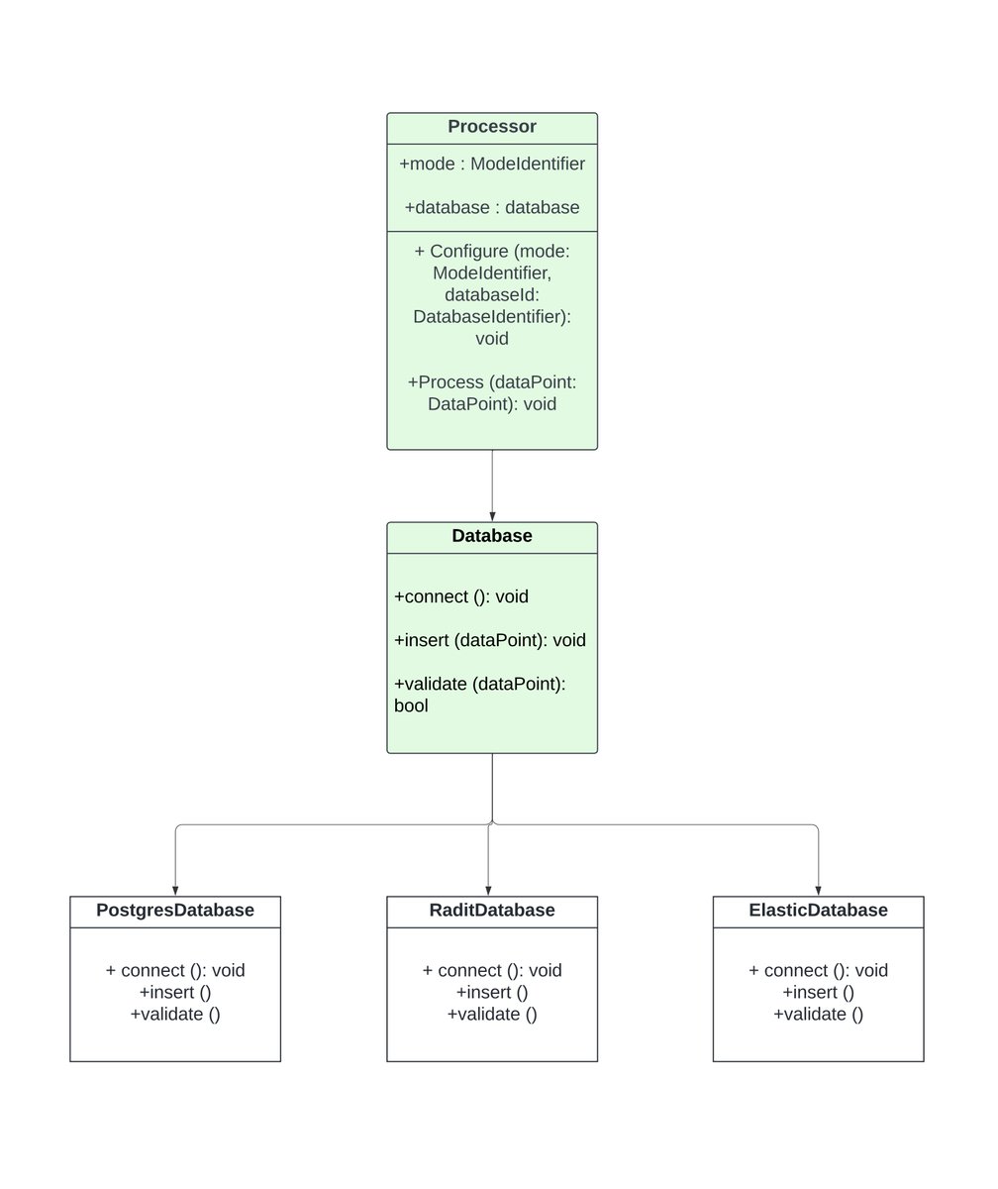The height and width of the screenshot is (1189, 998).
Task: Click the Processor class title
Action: [x=492, y=127]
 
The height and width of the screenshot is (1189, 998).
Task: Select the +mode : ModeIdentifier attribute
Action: [x=492, y=163]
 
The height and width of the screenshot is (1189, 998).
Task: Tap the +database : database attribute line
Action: [x=492, y=207]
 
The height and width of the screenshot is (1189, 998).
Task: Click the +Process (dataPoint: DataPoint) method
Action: [x=492, y=392]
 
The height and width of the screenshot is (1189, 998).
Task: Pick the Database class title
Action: [x=492, y=536]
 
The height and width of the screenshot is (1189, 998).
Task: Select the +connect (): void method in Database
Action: [x=461, y=596]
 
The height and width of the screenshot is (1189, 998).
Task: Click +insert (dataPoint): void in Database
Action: [x=490, y=640]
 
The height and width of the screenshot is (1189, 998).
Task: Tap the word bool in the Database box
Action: [x=411, y=706]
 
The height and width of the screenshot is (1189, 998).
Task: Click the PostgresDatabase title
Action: [x=175, y=911]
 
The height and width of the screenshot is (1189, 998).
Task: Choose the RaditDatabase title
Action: [x=492, y=911]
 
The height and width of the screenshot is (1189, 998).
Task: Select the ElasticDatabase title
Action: [x=818, y=911]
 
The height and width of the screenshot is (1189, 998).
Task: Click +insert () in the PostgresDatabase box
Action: [x=175, y=992]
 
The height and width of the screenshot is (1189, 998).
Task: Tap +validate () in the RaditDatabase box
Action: [x=492, y=1014]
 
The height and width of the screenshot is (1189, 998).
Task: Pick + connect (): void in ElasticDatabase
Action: [x=818, y=970]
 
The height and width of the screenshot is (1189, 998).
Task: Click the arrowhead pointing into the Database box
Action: [x=492, y=516]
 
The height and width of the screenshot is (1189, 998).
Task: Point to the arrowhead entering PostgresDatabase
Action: [x=175, y=890]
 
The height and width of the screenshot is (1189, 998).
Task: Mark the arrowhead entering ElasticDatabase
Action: [x=818, y=890]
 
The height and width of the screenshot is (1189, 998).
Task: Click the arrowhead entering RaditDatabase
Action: [x=488, y=890]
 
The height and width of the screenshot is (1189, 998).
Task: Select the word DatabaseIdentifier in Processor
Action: [x=492, y=317]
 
